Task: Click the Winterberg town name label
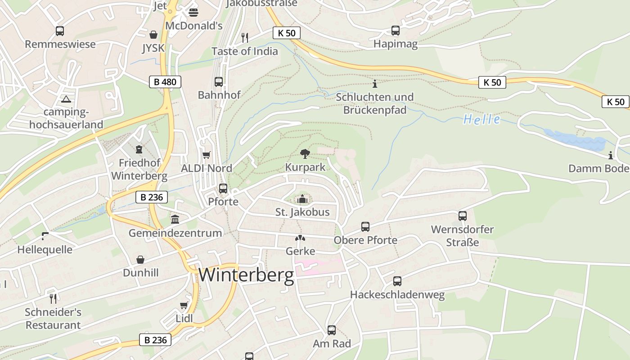point(246,274)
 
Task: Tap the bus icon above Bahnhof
point(219,82)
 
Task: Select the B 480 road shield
point(165,82)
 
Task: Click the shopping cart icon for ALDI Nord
point(207,155)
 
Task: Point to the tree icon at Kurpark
point(305,154)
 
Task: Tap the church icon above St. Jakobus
point(302,199)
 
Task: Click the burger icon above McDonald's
point(193,12)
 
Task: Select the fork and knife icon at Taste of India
point(245,37)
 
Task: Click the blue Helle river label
point(481,119)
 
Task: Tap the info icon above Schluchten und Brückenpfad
point(375,84)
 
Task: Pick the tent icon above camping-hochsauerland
point(66,99)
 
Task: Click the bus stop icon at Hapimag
point(396,31)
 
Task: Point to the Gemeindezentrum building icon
point(175,219)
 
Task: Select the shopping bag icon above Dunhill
point(141,260)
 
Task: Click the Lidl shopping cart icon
point(184,306)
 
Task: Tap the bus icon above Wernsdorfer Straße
point(463,216)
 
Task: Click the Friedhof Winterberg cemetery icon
point(139,149)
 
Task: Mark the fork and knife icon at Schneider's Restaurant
point(53,298)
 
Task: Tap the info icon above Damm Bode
point(611,156)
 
